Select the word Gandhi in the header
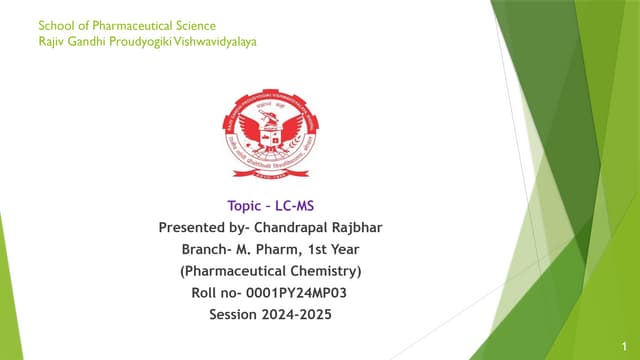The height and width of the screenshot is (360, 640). pos(87,41)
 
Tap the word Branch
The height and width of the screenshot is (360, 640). pos(206,249)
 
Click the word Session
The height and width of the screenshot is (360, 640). pos(233,314)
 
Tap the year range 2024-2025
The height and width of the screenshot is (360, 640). pos(299,314)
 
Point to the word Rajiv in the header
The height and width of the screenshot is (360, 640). pos(50,41)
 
